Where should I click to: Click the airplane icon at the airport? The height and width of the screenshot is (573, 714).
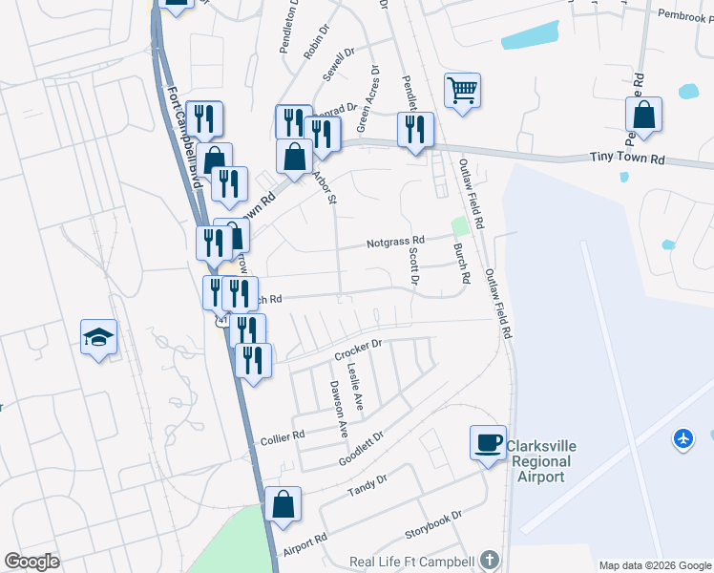coord(683,437)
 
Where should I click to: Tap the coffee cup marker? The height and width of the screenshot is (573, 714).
coord(489,442)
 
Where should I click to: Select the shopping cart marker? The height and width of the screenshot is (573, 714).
coord(462,92)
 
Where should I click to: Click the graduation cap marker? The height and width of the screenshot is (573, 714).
coord(98,337)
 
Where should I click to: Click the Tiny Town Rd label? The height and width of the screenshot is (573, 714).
coord(626,159)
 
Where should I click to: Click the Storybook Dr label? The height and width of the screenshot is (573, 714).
coord(431,521)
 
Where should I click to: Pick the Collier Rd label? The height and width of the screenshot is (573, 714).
coord(283,436)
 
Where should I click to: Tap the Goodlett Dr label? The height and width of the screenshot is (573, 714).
coord(361,449)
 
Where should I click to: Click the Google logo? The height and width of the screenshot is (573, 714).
coord(31,561)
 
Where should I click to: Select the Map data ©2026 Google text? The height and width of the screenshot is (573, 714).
coord(654,565)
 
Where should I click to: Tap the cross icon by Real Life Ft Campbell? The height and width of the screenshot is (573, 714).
coord(490,560)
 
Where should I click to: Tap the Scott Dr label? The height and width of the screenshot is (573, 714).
coord(413,266)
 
